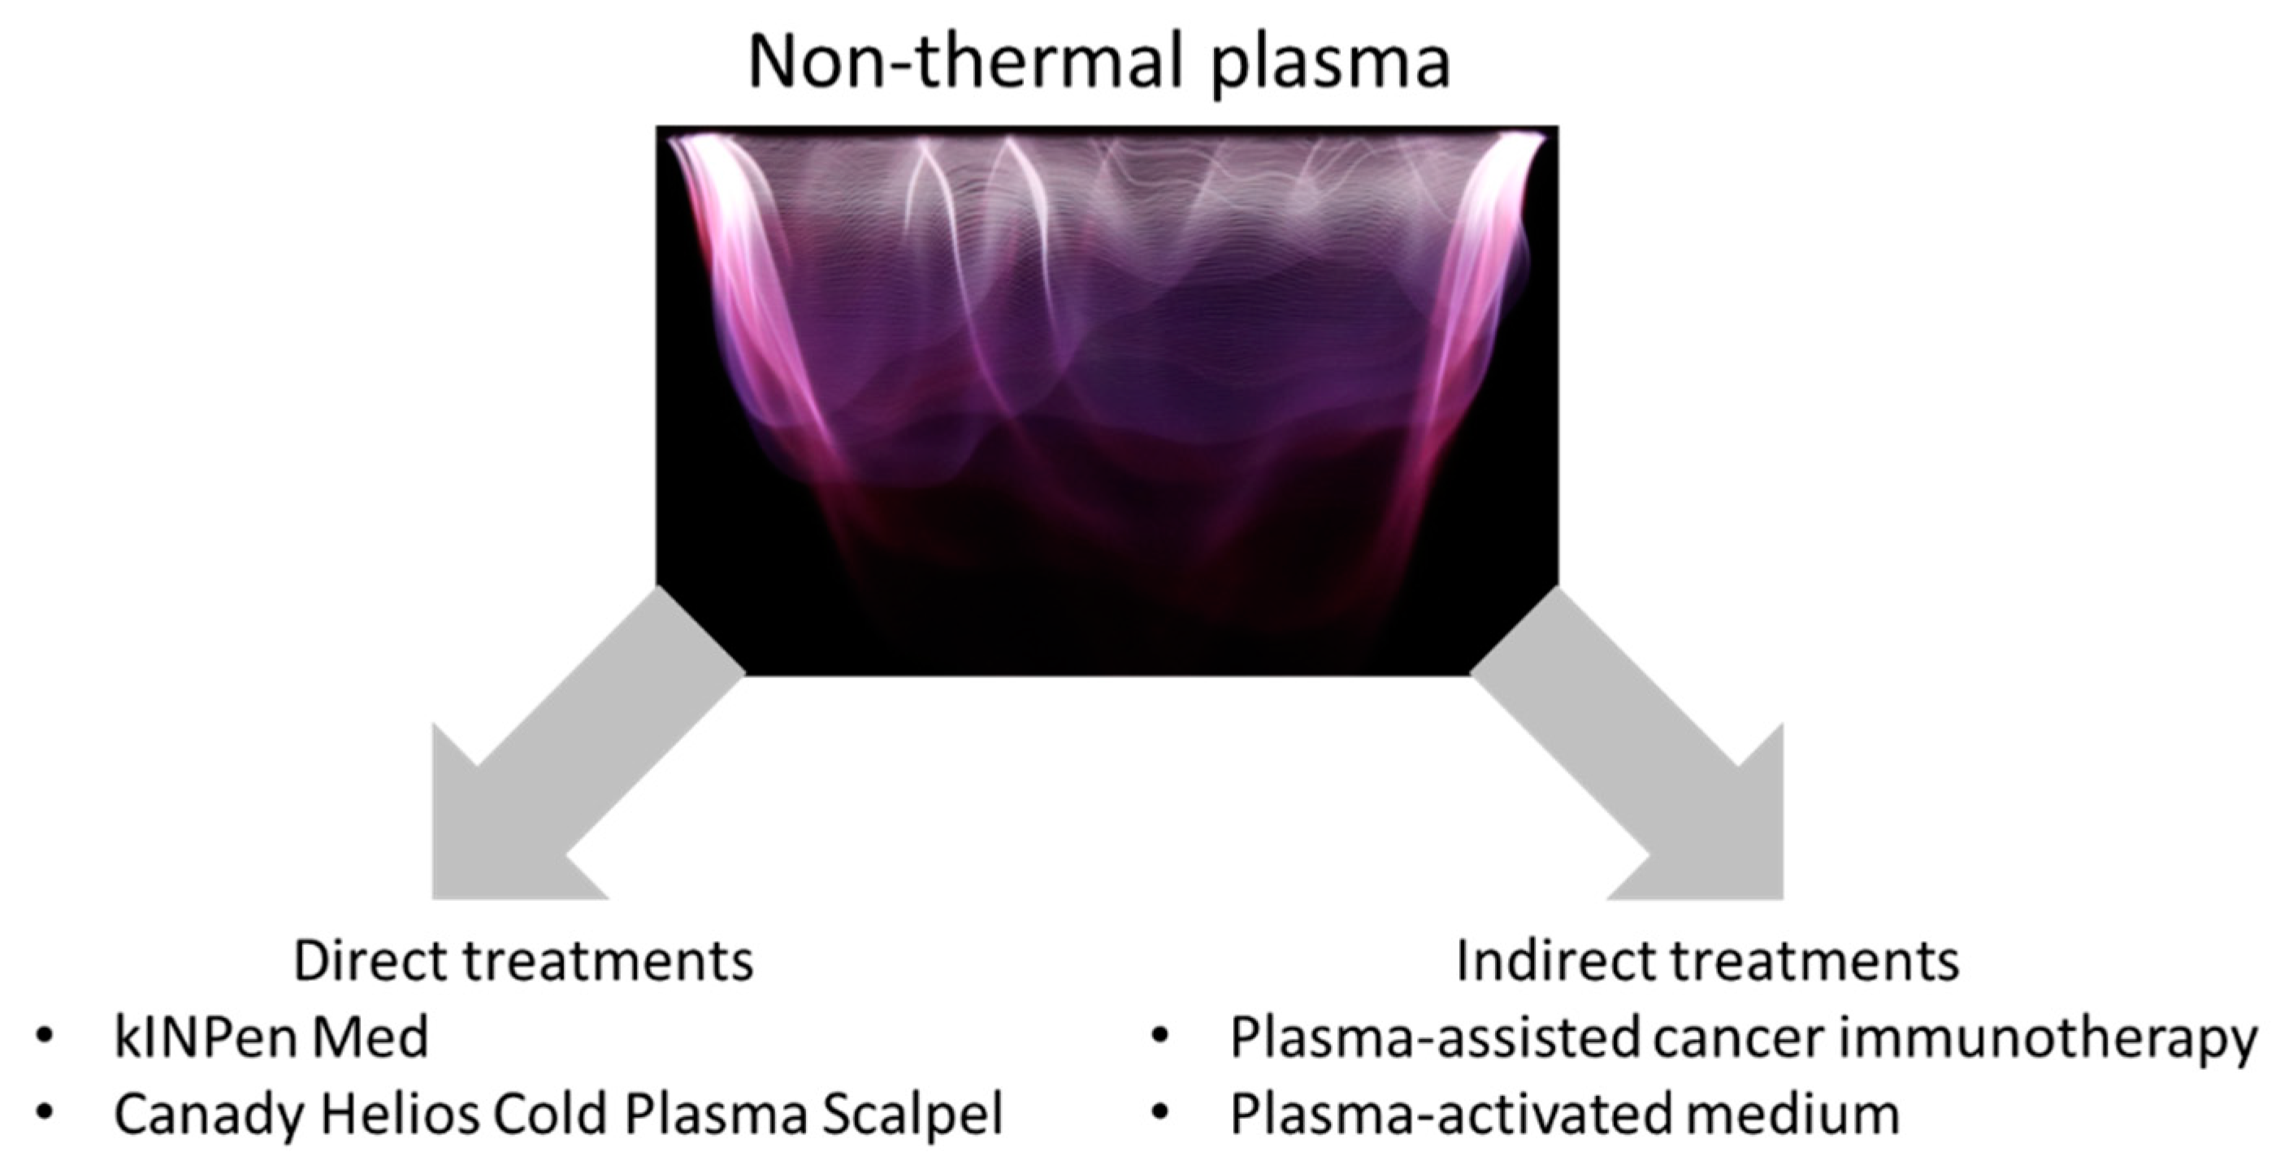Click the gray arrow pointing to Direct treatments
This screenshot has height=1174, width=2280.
[587, 744]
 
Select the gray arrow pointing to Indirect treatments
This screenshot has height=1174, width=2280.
[1627, 744]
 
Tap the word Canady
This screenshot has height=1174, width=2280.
[209, 1115]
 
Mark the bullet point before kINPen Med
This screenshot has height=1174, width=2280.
[43, 1038]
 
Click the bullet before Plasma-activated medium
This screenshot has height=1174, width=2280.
[1160, 1115]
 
